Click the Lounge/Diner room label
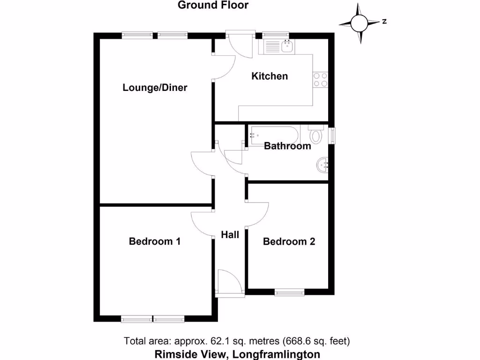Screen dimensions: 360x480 coord(155,88)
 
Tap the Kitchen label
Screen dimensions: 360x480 coord(270,76)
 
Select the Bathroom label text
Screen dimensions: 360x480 coord(287,146)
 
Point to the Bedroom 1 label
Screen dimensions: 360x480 coord(155,241)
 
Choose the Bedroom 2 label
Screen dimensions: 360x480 coord(289,241)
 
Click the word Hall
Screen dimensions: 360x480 coord(230,234)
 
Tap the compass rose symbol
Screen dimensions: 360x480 coord(360,22)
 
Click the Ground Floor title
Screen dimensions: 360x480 coord(213,6)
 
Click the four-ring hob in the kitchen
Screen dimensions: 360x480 coord(321,80)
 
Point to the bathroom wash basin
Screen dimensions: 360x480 coord(322,165)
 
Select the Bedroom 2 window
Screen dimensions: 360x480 coord(289,292)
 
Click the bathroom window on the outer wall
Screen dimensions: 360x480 coord(332,135)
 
